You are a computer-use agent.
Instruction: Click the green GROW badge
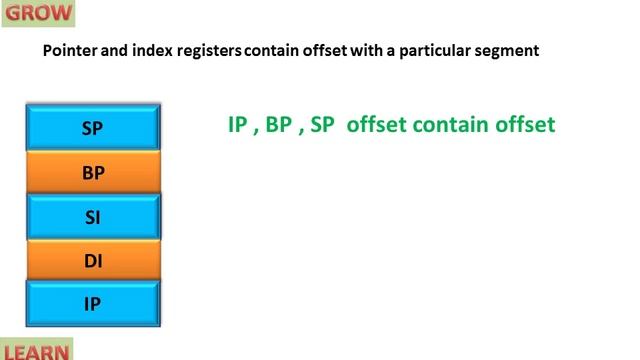37,13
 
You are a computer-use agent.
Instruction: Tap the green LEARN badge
36,351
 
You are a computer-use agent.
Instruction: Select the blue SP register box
92,127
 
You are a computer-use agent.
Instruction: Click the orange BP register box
92,172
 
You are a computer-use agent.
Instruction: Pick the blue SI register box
92,216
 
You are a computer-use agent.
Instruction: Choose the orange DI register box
92,261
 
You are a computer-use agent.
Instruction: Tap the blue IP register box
92,304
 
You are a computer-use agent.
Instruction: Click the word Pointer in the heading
67,51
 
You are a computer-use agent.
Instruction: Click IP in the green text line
238,125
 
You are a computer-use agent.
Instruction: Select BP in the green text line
279,125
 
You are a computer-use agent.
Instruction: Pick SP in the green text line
322,125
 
